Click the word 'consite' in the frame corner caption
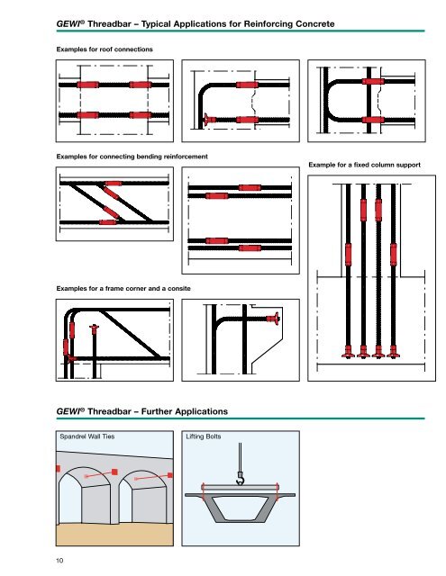[186, 285]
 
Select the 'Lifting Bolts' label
[205, 436]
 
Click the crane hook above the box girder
[241, 483]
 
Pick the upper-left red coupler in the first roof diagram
[86, 85]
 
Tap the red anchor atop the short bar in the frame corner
[94, 329]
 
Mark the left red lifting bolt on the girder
[205, 490]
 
